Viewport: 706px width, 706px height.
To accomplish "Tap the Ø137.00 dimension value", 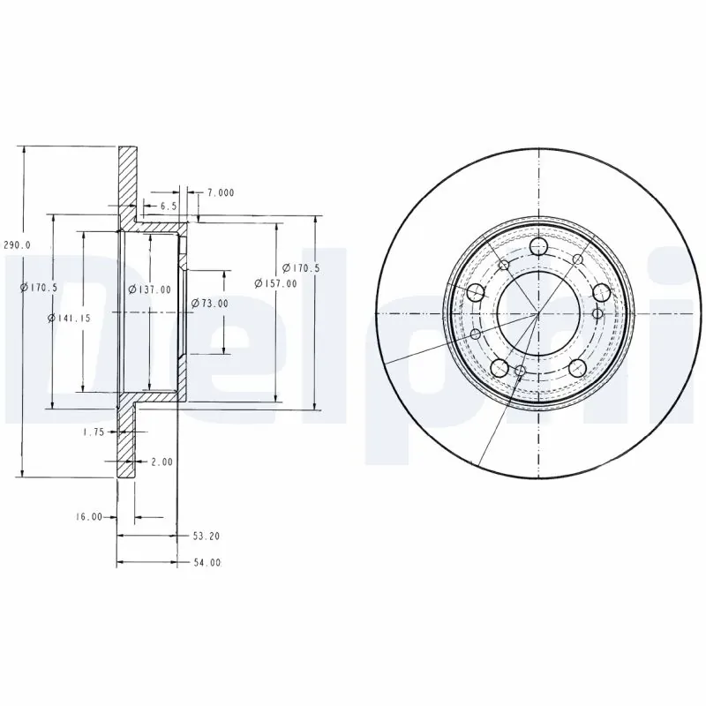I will pyautogui.click(x=149, y=289).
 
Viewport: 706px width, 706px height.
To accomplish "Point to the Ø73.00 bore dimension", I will pyautogui.click(x=210, y=304).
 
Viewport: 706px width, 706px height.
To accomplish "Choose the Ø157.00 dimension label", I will pyautogui.click(x=275, y=282).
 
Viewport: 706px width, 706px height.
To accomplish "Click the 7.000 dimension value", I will pyautogui.click(x=221, y=192).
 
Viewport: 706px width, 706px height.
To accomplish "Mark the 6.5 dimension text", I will pyautogui.click(x=168, y=206).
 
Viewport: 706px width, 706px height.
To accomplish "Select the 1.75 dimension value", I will pyautogui.click(x=94, y=432).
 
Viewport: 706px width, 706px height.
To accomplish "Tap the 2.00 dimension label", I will pyautogui.click(x=162, y=461).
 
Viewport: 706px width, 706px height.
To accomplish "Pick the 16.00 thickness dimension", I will pyautogui.click(x=90, y=517).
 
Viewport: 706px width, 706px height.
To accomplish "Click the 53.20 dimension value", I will pyautogui.click(x=206, y=535).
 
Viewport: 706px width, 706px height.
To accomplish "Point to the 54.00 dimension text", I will pyautogui.click(x=206, y=562).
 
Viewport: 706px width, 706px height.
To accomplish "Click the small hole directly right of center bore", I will pyautogui.click(x=597, y=313).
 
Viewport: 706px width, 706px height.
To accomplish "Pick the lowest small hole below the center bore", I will pyautogui.click(x=521, y=372).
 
